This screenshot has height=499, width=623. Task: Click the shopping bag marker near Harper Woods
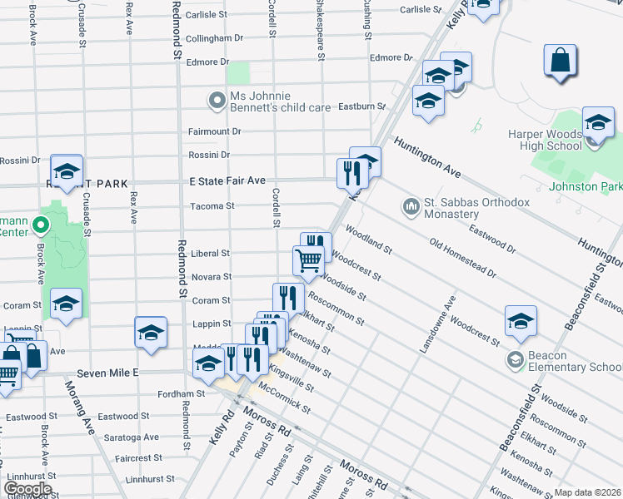(561, 61)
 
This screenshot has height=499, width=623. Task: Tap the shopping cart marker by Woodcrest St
(308, 260)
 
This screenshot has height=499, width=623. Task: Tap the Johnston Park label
(587, 186)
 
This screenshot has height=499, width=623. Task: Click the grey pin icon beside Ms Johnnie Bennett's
(217, 101)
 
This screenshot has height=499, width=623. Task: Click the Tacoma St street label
(212, 205)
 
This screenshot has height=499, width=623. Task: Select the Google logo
(27, 489)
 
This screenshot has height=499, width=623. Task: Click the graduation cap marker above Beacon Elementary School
(521, 321)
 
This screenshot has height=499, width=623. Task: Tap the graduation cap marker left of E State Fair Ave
(67, 171)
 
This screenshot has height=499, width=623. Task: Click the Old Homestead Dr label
(463, 258)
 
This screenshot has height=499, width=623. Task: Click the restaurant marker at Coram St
(288, 298)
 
